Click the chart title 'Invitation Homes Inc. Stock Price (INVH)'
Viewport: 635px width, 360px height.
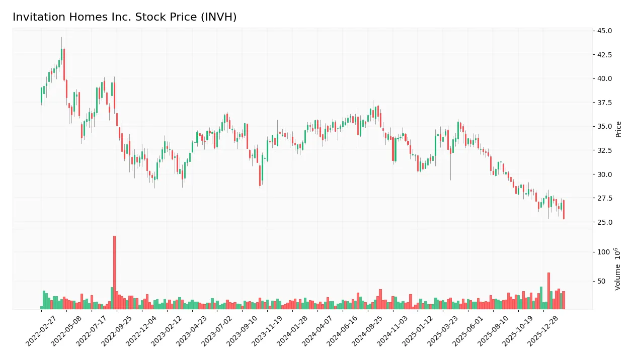(x=124, y=17)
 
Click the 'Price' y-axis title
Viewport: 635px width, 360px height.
(x=618, y=129)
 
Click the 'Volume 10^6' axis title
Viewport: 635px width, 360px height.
(x=618, y=268)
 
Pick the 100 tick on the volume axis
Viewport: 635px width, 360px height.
(x=604, y=252)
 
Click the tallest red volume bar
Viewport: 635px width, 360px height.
(x=114, y=273)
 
